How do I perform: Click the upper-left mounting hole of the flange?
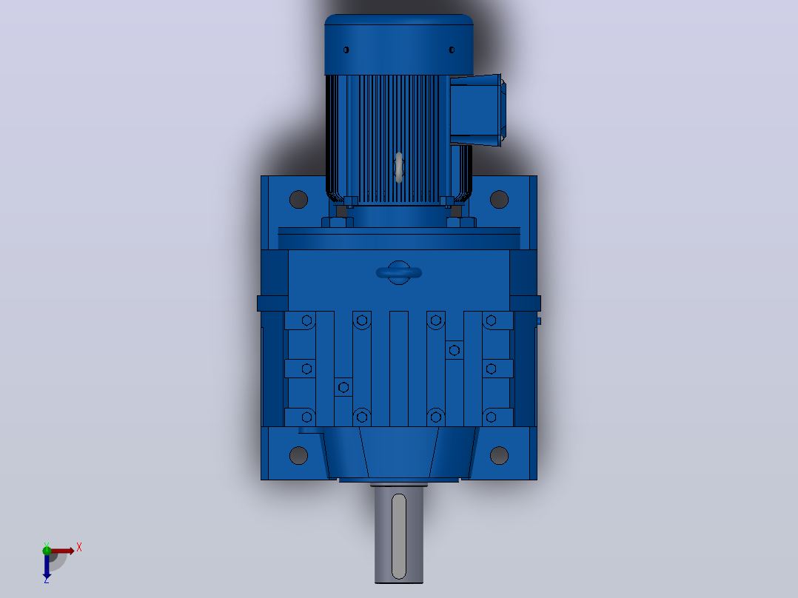pos(298,200)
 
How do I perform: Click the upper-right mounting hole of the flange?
pos(499,200)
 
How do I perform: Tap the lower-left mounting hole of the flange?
pos(298,455)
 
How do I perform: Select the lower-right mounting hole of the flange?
pos(499,455)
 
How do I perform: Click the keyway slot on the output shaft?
pos(399,537)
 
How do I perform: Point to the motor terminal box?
pos(477,110)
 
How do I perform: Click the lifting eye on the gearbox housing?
pos(399,273)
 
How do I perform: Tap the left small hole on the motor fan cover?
pos(346,50)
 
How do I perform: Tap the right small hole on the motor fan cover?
pos(452,50)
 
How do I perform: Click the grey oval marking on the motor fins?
pos(399,167)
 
